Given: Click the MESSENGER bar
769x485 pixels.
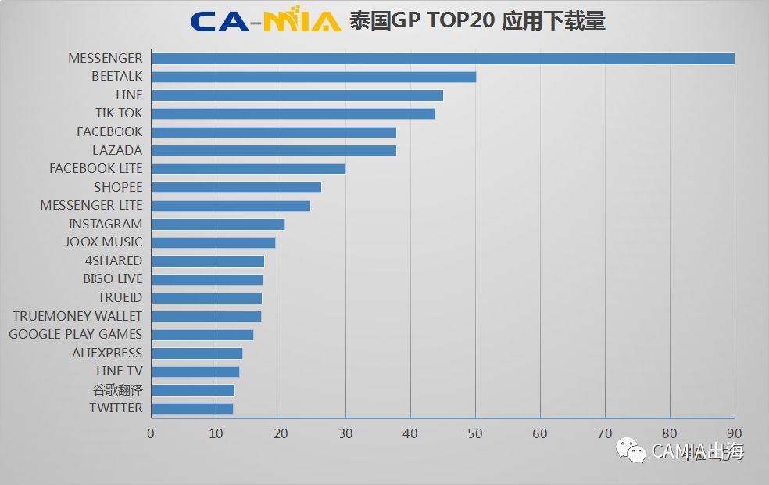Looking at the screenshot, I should point(443,59).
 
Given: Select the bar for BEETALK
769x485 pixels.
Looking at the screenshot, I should point(314,77).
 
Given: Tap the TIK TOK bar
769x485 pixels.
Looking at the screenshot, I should point(293,113).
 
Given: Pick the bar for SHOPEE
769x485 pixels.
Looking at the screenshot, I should point(237,187).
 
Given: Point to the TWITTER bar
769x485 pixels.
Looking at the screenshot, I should point(192,408).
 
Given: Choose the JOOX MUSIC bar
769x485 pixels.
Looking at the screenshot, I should point(213,242).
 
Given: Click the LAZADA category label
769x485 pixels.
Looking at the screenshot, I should point(117,150).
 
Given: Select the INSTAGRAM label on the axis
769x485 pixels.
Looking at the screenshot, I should point(105,224).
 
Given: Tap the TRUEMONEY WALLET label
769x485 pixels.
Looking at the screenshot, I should point(77,316).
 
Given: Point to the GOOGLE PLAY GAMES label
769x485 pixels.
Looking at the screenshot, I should point(76,334).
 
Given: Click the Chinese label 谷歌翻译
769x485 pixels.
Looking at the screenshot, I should point(118,390).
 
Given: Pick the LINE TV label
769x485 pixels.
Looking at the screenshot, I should point(119,371).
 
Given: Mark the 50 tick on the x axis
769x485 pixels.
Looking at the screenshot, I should point(475,433).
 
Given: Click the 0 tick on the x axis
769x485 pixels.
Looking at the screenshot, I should point(151,433).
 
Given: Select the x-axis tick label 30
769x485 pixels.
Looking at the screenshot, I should point(345,433).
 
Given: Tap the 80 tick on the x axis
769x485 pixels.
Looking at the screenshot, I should point(670,433).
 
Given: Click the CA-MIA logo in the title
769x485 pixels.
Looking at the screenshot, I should point(266,21).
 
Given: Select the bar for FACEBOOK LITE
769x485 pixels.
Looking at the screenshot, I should point(249,169).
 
